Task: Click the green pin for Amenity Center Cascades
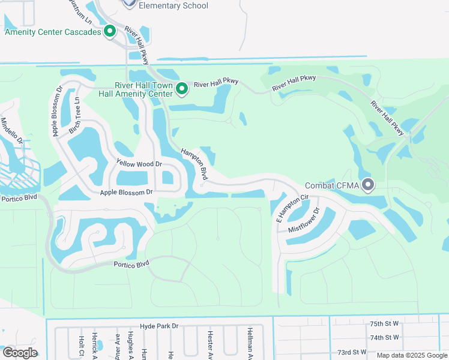point(110,31)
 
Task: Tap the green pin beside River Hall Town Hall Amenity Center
point(182,89)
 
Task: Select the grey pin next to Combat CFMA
point(368,185)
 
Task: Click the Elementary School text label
point(173,5)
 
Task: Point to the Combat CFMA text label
point(332,186)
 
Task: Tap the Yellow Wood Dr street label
point(139,163)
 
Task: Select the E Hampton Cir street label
point(292,208)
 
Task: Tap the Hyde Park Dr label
point(159,326)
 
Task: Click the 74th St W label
point(384,337)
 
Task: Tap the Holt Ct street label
point(81,345)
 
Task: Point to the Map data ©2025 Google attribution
point(411,355)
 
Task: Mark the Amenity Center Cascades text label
point(53,32)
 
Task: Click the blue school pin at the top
point(129,3)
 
